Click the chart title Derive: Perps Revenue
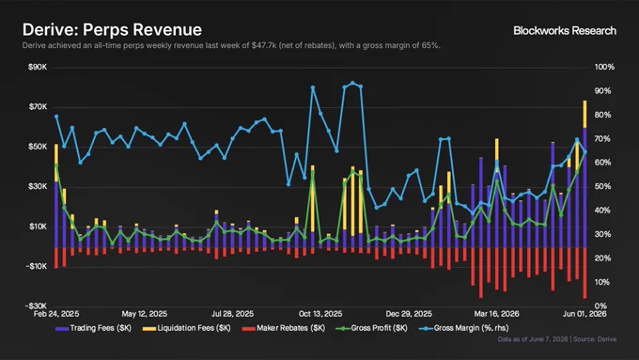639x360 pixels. (112, 30)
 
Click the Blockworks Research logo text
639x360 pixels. (565, 31)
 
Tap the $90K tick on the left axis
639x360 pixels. (38, 68)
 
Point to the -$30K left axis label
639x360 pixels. (36, 305)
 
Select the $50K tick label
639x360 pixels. (38, 147)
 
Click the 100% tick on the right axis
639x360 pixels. (604, 68)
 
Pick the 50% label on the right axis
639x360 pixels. (602, 187)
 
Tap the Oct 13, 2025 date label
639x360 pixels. (320, 314)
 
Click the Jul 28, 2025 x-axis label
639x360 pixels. (232, 314)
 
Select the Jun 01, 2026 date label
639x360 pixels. (584, 314)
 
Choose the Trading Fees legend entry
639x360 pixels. (93, 328)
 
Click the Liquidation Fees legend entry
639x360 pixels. (187, 328)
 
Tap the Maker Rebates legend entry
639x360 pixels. (284, 328)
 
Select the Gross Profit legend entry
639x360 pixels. (371, 328)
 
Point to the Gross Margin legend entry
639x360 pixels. (464, 328)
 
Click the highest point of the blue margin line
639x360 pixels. (352, 83)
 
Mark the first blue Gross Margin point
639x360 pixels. (56, 117)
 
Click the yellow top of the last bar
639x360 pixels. (584, 114)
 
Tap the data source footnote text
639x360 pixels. (556, 339)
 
